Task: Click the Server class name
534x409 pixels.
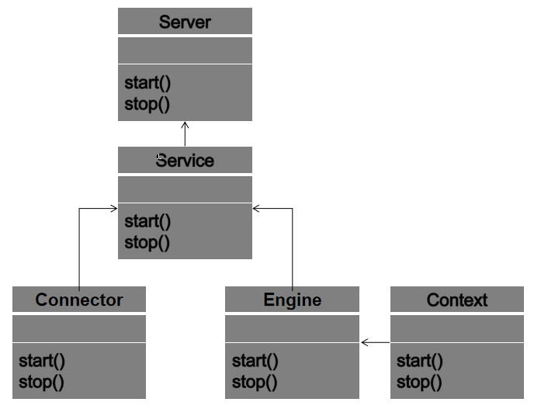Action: [185, 22]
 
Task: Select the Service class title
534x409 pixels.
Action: [185, 161]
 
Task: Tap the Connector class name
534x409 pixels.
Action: [79, 300]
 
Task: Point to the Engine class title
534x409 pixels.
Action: [292, 300]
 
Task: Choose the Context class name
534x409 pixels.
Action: [457, 300]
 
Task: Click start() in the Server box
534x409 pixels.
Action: [147, 83]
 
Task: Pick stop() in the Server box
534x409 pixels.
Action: [147, 104]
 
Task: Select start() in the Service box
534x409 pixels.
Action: [147, 221]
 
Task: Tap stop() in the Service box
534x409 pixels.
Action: [147, 242]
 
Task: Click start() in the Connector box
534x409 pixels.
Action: [42, 360]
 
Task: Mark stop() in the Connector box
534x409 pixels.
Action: [41, 381]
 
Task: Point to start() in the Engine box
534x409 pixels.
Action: [255, 360]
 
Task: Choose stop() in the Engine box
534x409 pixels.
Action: [254, 381]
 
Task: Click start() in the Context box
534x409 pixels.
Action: [420, 360]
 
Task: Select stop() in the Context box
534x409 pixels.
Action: [419, 381]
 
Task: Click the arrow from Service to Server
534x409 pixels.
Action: [185, 133]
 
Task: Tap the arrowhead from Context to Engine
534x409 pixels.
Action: [365, 342]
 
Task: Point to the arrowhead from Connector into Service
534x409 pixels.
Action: [113, 208]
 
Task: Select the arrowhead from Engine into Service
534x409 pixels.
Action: [257, 208]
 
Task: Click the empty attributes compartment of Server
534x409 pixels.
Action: [185, 50]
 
